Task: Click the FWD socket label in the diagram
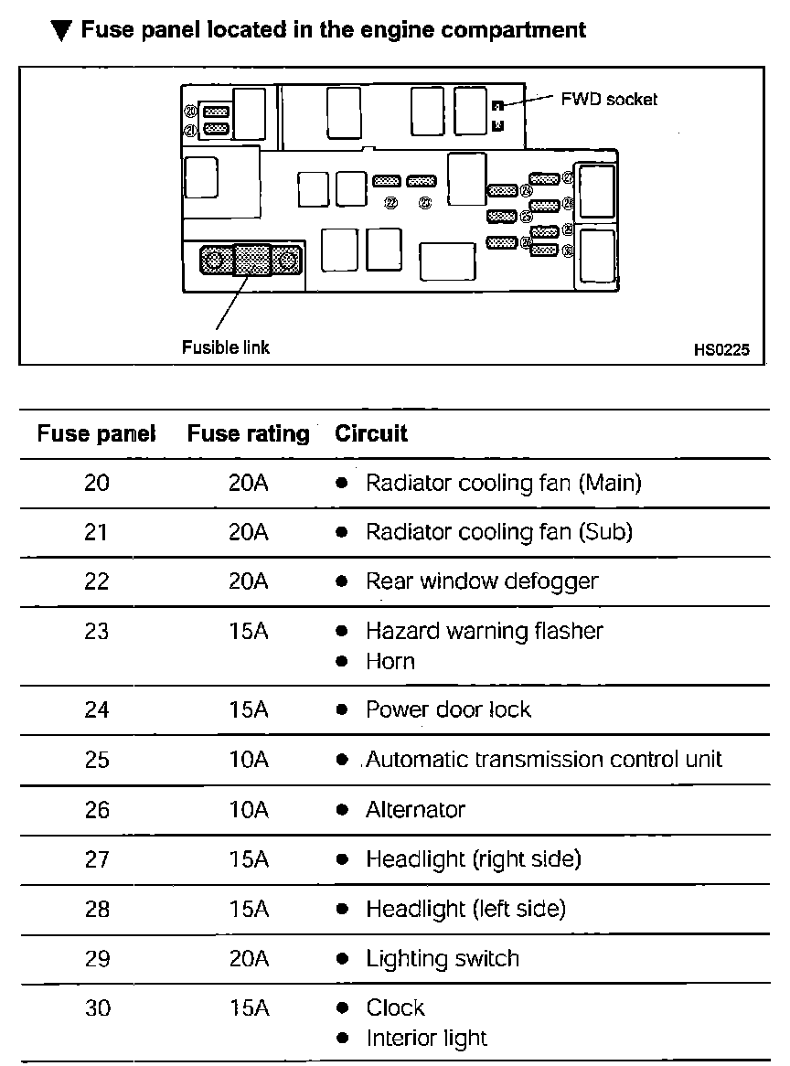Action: click(x=609, y=99)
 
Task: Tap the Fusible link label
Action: click(x=226, y=347)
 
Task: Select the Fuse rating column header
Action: click(x=249, y=433)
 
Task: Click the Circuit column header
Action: click(x=371, y=433)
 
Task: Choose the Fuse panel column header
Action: click(x=96, y=433)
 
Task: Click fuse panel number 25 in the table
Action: click(x=96, y=760)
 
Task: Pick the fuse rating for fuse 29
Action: click(x=249, y=959)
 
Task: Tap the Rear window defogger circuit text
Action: click(x=482, y=581)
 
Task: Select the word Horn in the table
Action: click(x=390, y=661)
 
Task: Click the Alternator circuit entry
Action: click(x=415, y=810)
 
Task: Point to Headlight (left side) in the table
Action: click(x=465, y=909)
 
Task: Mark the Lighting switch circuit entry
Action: click(x=443, y=959)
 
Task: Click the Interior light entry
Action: click(x=427, y=1039)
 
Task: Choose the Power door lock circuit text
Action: click(x=448, y=710)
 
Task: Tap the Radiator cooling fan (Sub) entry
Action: click(x=499, y=532)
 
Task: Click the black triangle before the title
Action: click(x=61, y=31)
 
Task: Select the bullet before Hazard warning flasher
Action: click(x=341, y=632)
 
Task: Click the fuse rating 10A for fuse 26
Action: click(x=249, y=810)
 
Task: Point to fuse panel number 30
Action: click(x=96, y=1008)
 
